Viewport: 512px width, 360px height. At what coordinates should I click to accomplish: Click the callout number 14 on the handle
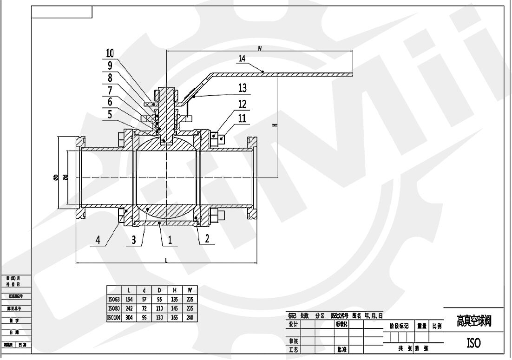[242, 59]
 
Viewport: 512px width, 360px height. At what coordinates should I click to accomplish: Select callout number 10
[110, 53]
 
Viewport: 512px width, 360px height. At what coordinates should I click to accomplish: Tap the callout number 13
[242, 87]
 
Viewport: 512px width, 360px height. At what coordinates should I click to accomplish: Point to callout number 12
[242, 104]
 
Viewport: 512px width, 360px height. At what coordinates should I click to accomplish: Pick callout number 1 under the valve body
[170, 240]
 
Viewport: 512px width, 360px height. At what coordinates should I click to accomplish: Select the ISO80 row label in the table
[114, 308]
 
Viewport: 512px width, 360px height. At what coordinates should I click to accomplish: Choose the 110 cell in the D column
[159, 308]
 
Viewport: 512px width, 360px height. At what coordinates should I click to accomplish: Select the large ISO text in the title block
[473, 343]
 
